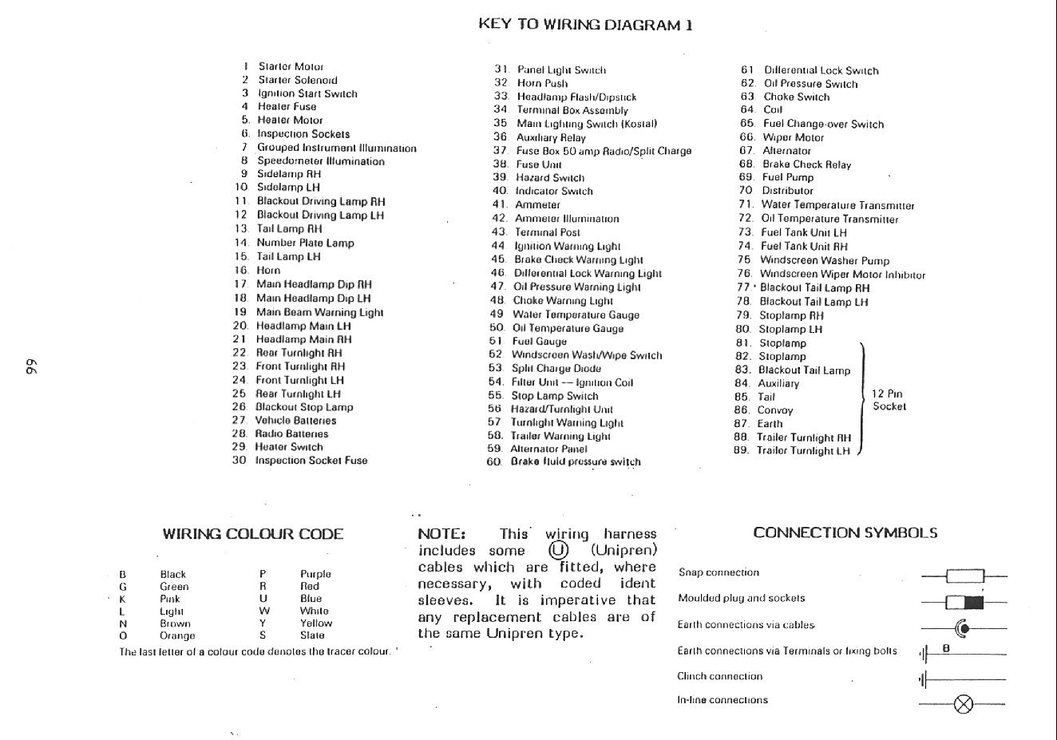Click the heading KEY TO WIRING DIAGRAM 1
(x=585, y=24)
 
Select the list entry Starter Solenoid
(x=297, y=80)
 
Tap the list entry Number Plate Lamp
(x=305, y=243)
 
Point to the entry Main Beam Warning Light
(x=319, y=312)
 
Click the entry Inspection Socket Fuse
(x=311, y=461)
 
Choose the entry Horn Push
(x=542, y=83)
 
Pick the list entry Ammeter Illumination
(x=566, y=219)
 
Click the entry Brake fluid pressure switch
(x=575, y=461)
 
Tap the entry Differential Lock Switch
(x=821, y=70)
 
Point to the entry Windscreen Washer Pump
(x=824, y=260)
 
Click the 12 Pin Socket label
(x=889, y=400)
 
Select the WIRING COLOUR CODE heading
(x=252, y=534)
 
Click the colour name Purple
(x=315, y=574)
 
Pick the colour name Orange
(x=177, y=635)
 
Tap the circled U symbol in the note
(x=557, y=550)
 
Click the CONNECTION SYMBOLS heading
(x=845, y=532)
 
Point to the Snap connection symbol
(x=964, y=576)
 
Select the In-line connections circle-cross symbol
(x=964, y=704)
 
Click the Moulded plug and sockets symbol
(x=964, y=602)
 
